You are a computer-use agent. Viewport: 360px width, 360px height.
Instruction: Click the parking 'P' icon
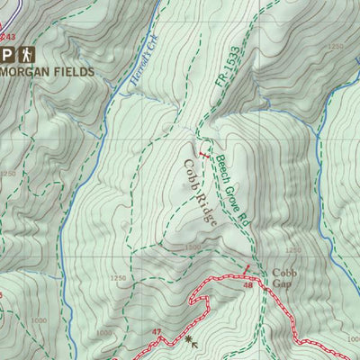[x=7, y=52]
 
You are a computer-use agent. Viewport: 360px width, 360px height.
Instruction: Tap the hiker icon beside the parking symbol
[x=26, y=52]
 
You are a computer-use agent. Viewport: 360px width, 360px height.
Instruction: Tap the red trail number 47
[x=157, y=332]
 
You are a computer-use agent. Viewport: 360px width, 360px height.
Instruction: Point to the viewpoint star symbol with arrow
[x=192, y=341]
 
